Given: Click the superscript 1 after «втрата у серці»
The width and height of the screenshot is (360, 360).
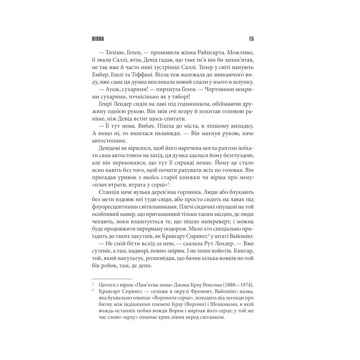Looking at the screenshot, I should pyautogui.click(x=168, y=184).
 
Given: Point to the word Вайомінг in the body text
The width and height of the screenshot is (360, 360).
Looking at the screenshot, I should pyautogui.click(x=242, y=237).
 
